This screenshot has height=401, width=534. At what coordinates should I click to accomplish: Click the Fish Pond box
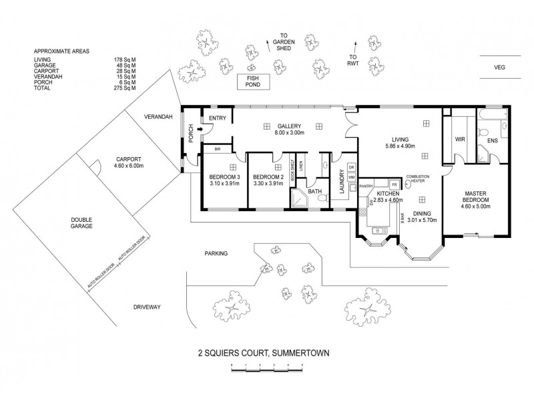coord(256,82)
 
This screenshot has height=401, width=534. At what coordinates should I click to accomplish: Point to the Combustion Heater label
coord(417,178)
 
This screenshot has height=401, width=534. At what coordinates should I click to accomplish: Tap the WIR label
coord(459,140)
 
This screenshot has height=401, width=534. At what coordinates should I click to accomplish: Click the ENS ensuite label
coord(493,141)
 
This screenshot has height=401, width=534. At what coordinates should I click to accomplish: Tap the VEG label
coord(499,68)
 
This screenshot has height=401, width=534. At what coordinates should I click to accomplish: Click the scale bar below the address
coord(266,365)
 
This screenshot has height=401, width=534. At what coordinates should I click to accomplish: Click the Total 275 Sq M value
coord(125,88)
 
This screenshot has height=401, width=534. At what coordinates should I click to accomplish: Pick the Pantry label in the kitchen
coord(366,186)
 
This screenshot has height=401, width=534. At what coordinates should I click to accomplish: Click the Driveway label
coord(148,307)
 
